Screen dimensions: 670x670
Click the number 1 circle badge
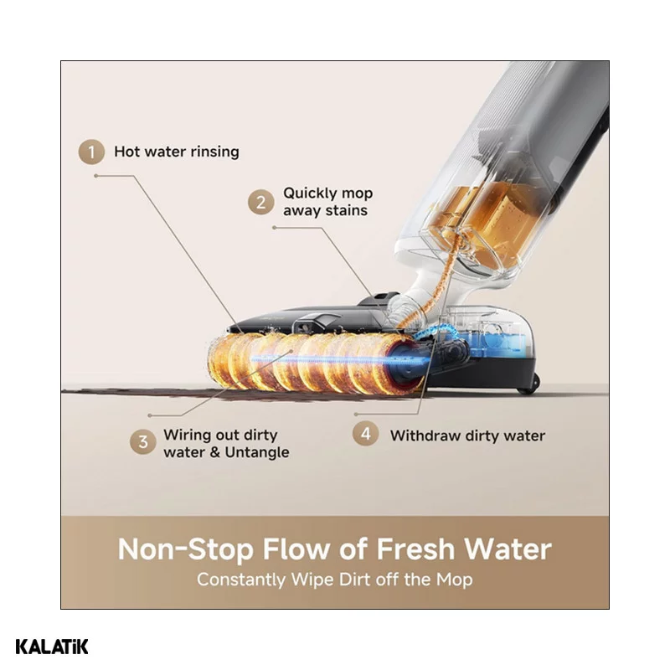click(91, 152)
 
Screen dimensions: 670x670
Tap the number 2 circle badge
click(260, 202)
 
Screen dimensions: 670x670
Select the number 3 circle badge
click(142, 442)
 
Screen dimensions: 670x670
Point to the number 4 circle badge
click(365, 434)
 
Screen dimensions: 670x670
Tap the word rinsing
click(215, 152)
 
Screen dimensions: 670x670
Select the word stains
click(346, 211)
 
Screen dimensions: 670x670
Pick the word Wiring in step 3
click(186, 435)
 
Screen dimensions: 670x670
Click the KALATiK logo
click(52, 647)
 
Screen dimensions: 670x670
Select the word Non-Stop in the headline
click(186, 549)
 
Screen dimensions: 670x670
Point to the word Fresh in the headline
click(415, 549)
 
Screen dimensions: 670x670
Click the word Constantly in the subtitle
click(241, 580)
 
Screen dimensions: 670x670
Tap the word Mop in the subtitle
click(455, 580)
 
